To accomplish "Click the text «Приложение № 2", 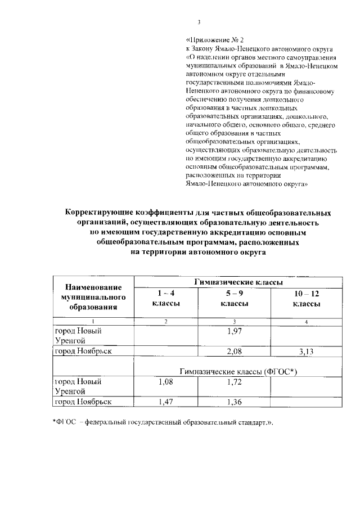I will point(215,41).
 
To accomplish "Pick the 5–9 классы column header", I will point(237,298).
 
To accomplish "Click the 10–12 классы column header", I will point(306,298).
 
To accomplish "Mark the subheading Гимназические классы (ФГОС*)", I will point(238,372).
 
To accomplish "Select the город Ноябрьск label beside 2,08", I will point(82,351).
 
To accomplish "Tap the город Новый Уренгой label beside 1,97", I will point(79,336).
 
